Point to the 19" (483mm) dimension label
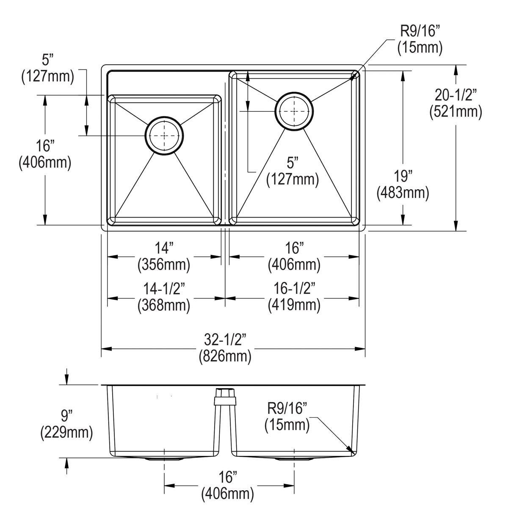click(403, 184)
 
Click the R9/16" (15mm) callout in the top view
click(420, 39)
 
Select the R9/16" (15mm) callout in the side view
click(287, 417)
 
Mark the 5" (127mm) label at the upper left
click(47, 69)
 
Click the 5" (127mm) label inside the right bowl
click(292, 171)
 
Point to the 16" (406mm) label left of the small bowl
click(45, 155)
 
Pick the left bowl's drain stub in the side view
click(164, 459)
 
